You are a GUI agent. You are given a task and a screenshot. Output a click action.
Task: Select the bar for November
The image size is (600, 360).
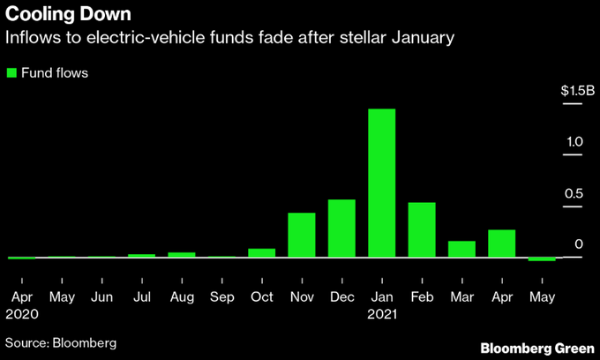pos(302,235)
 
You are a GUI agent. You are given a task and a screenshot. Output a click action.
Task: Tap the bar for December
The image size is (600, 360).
pos(341,228)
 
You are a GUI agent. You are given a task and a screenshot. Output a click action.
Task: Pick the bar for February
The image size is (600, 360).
pos(422,229)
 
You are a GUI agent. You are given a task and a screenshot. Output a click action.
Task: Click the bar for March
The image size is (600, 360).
pos(461,249)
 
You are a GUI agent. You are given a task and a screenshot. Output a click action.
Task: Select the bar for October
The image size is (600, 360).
pos(261,252)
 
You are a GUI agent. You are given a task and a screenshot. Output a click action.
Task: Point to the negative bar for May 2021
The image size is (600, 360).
pos(542,259)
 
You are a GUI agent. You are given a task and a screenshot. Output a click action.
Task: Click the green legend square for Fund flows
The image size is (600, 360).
pos(11,72)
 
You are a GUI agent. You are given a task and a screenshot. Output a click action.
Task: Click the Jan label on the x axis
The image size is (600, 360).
pos(381,296)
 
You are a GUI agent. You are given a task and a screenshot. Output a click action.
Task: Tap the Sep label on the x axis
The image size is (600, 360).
pos(221,296)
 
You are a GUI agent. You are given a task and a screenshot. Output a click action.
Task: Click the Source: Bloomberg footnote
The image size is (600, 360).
pos(61,341)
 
